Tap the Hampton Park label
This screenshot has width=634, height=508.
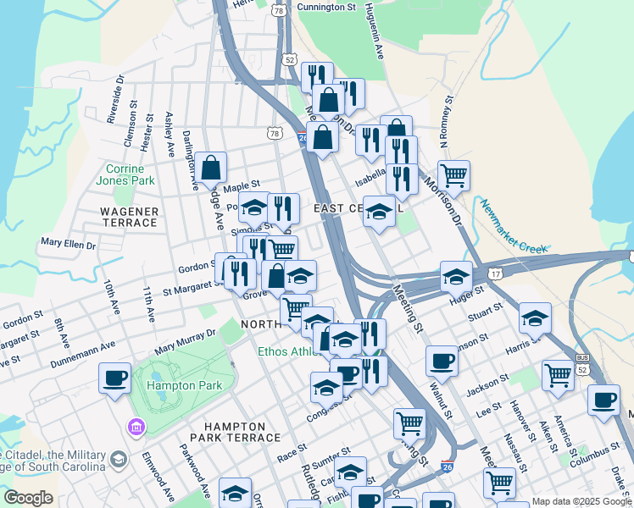[184, 385]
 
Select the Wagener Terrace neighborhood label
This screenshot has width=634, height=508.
[130, 217]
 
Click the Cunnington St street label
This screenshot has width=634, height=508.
[325, 8]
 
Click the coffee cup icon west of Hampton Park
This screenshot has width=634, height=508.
[114, 378]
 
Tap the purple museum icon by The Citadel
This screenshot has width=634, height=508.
[134, 426]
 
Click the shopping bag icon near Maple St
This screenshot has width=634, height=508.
[211, 168]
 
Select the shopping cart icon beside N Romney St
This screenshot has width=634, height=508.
[454, 176]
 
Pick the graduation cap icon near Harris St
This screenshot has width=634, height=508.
[535, 319]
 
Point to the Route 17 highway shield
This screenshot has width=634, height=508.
[494, 273]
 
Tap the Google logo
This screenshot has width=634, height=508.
[28, 498]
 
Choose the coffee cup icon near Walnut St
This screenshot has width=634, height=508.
[442, 362]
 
